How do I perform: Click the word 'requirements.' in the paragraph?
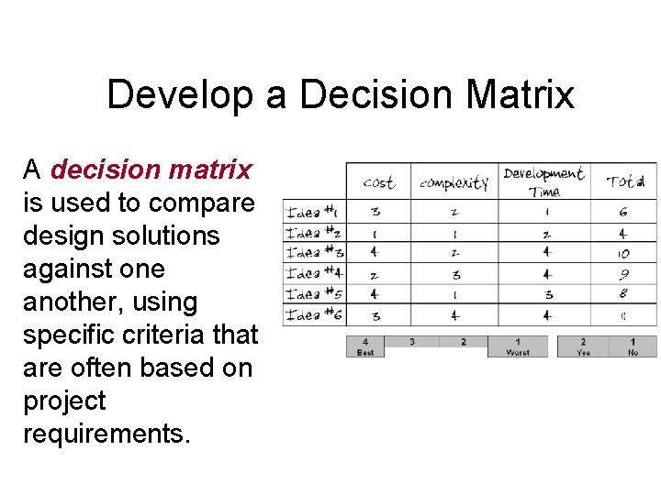(x=107, y=434)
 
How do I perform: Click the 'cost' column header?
(x=378, y=182)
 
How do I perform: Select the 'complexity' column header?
(x=454, y=182)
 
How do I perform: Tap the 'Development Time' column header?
(x=543, y=181)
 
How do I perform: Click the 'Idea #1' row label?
(x=313, y=212)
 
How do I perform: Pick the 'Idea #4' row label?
(x=313, y=273)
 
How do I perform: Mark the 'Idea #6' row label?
(x=313, y=315)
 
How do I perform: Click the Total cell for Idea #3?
(x=624, y=253)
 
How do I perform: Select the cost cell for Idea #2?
(x=375, y=233)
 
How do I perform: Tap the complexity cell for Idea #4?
(x=456, y=274)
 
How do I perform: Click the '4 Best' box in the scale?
(x=365, y=346)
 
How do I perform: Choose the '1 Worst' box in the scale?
(x=518, y=346)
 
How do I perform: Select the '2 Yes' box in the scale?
(x=583, y=346)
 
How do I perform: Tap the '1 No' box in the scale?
(x=633, y=346)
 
